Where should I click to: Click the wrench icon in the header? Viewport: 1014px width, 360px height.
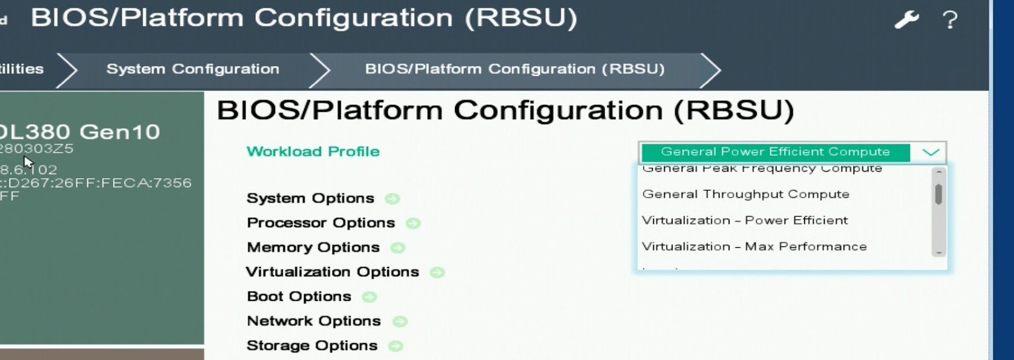click(x=906, y=20)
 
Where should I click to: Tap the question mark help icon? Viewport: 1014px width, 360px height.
click(x=949, y=20)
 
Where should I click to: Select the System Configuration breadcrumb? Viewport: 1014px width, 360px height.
click(x=193, y=69)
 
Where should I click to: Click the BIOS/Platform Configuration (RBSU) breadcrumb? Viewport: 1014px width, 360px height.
click(x=515, y=69)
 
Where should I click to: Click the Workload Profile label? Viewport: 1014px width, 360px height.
click(x=313, y=151)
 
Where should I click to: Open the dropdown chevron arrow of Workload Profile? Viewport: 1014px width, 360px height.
click(x=930, y=152)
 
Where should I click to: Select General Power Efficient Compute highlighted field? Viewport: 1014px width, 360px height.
click(x=775, y=152)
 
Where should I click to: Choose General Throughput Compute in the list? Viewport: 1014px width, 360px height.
click(x=746, y=195)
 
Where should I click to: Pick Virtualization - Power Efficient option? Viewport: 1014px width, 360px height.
click(x=745, y=221)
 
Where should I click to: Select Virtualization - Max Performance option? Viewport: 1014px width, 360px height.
click(x=754, y=247)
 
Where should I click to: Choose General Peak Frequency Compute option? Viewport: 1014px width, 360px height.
click(x=762, y=169)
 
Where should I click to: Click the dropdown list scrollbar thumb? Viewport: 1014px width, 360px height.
click(x=939, y=194)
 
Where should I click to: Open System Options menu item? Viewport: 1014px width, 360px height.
click(x=311, y=198)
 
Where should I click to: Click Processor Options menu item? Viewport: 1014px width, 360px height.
click(x=321, y=223)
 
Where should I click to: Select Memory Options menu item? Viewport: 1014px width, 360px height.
click(x=313, y=248)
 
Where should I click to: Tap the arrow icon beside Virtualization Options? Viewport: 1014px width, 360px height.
click(x=437, y=273)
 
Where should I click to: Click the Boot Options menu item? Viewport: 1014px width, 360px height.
click(x=299, y=297)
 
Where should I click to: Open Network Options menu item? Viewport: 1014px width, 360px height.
click(x=314, y=321)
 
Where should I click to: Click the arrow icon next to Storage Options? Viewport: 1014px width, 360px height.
click(x=395, y=346)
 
